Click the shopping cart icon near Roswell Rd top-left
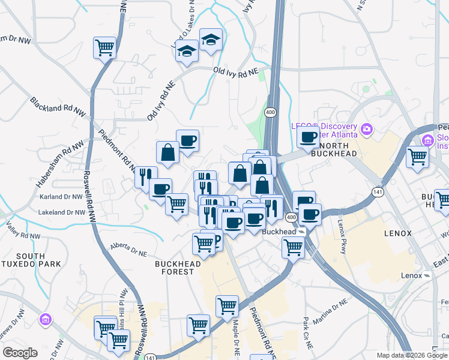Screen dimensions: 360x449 pyautogui.click(x=104, y=47)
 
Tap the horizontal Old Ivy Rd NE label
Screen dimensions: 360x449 pyautogui.click(x=235, y=71)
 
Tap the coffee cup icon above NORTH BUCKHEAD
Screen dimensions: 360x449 pyautogui.click(x=309, y=137)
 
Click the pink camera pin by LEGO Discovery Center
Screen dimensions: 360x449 pyautogui.click(x=366, y=129)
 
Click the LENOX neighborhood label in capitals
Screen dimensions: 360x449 pyautogui.click(x=397, y=233)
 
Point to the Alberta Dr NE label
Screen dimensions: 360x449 pyautogui.click(x=128, y=250)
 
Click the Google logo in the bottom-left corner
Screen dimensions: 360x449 pyautogui.click(x=19, y=353)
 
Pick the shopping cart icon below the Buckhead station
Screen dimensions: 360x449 pyautogui.click(x=293, y=247)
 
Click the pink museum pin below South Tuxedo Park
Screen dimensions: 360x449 pyautogui.click(x=45, y=319)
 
